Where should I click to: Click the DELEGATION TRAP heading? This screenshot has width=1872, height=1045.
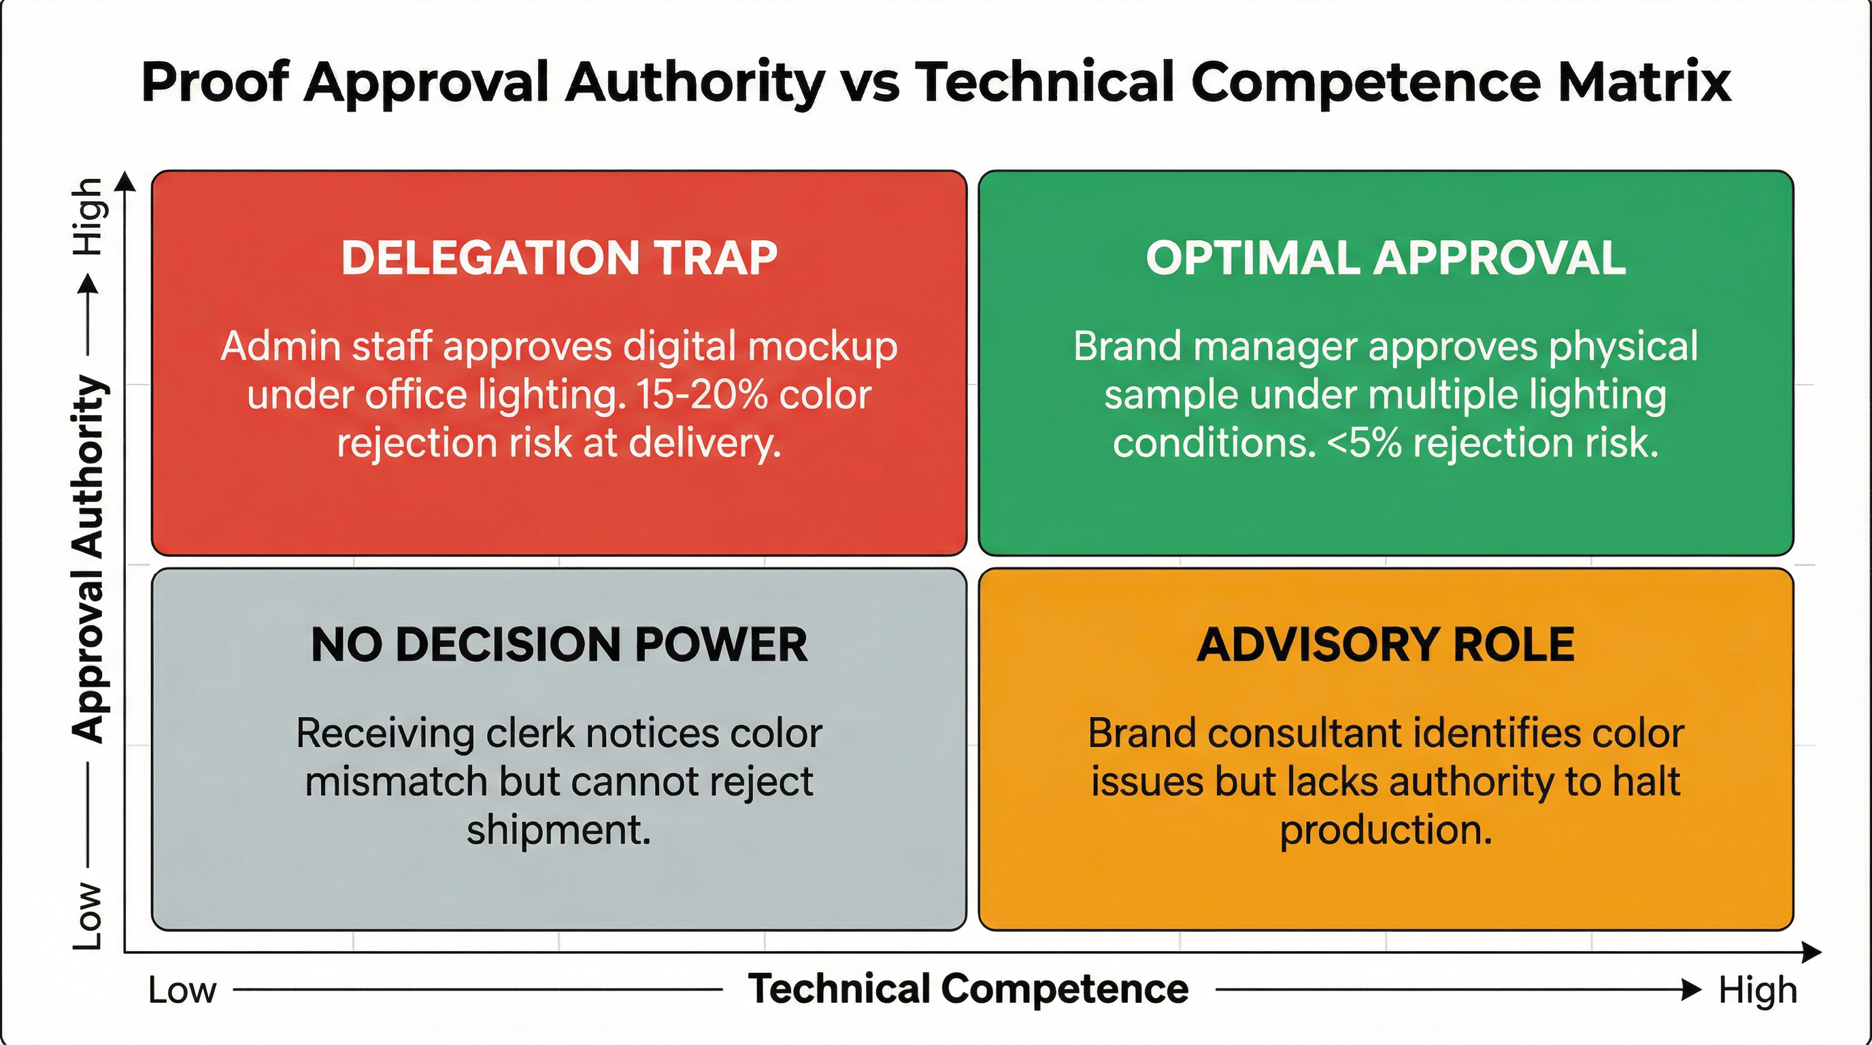coord(559,258)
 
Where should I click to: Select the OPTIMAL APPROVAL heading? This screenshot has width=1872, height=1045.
coord(1385,258)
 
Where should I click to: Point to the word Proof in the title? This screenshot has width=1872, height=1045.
coord(215,82)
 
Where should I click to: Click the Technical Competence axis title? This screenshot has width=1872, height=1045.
coord(968,989)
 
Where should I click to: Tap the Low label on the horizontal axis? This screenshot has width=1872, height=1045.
coord(182,991)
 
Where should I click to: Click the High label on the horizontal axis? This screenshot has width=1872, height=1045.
coord(1757,991)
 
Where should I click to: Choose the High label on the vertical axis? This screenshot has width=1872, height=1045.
coord(88,216)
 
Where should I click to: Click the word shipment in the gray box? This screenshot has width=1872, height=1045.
coord(557,830)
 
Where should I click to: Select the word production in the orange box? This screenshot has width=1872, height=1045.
coord(1385,830)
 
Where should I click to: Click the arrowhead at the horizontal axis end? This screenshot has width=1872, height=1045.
coord(1812,952)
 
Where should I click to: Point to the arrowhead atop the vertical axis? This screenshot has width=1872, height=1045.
coord(126,181)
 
